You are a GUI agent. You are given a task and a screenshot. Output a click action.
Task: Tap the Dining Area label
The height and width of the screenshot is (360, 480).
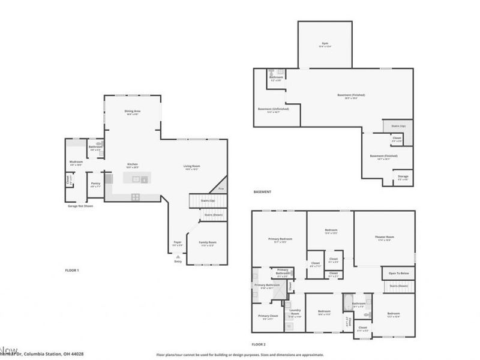click(133, 112)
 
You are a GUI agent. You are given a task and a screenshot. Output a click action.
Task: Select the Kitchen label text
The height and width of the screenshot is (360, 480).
click(133, 164)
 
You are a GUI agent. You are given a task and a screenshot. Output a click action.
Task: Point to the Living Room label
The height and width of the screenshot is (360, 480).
click(191, 167)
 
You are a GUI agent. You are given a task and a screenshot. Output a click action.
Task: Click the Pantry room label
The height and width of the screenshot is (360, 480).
click(95, 184)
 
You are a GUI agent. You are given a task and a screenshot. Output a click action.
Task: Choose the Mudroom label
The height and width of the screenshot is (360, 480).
click(76, 162)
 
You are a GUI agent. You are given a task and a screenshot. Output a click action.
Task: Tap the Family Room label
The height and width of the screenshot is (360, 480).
click(208, 243)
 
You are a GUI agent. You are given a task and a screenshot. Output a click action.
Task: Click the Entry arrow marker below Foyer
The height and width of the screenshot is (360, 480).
click(178, 257)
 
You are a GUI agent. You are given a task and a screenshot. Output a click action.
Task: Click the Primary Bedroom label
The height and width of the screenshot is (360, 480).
click(278, 240)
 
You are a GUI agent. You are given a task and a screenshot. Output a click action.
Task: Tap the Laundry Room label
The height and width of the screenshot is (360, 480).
click(295, 314)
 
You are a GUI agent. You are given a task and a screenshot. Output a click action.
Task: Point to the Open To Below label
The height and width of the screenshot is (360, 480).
click(398, 273)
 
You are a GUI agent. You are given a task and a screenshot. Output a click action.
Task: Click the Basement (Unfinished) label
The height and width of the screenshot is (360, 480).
click(273, 110)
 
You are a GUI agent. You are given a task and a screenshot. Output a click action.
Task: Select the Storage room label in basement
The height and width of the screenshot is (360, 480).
click(403, 177)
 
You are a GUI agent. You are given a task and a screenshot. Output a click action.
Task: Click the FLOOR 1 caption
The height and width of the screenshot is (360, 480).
click(72, 271)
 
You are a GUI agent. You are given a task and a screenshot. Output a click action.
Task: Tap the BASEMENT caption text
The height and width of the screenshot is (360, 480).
click(262, 191)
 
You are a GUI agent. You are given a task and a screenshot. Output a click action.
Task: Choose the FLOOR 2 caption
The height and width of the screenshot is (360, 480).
click(259, 344)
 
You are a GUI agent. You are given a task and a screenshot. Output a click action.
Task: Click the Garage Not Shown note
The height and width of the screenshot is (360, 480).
click(80, 206)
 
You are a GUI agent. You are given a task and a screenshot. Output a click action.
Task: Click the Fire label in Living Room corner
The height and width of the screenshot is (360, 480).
click(221, 188)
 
